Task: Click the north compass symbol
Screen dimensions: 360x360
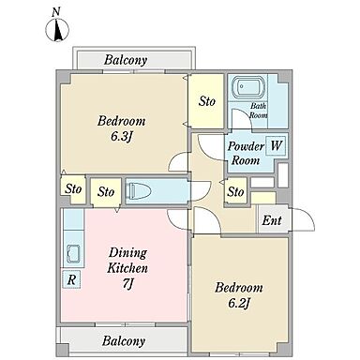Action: pyautogui.click(x=57, y=30)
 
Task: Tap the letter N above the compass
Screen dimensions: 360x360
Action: pyautogui.click(x=56, y=12)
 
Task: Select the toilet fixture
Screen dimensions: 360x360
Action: pyautogui.click(x=139, y=190)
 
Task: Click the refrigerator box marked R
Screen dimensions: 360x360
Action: pyautogui.click(x=71, y=279)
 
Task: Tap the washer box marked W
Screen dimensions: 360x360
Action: pyautogui.click(x=276, y=145)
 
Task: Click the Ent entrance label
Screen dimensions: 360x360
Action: pyautogui.click(x=272, y=220)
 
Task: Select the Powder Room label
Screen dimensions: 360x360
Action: pyautogui.click(x=246, y=153)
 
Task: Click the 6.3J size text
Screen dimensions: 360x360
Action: pyautogui.click(x=122, y=137)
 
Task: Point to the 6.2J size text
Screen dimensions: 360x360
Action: pyautogui.click(x=239, y=303)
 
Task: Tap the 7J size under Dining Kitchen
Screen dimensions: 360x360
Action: pyautogui.click(x=127, y=284)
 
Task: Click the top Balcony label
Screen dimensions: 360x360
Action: pyautogui.click(x=126, y=60)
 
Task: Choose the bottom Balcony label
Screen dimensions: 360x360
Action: pyautogui.click(x=124, y=340)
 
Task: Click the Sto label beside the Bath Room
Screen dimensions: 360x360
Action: pyautogui.click(x=207, y=101)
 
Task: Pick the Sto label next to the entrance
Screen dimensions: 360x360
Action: pyautogui.click(x=235, y=191)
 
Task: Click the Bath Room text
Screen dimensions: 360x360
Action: pyautogui.click(x=259, y=111)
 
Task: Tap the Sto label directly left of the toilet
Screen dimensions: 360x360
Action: pyautogui.click(x=106, y=191)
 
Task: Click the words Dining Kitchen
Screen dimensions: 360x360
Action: pyautogui.click(x=127, y=261)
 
